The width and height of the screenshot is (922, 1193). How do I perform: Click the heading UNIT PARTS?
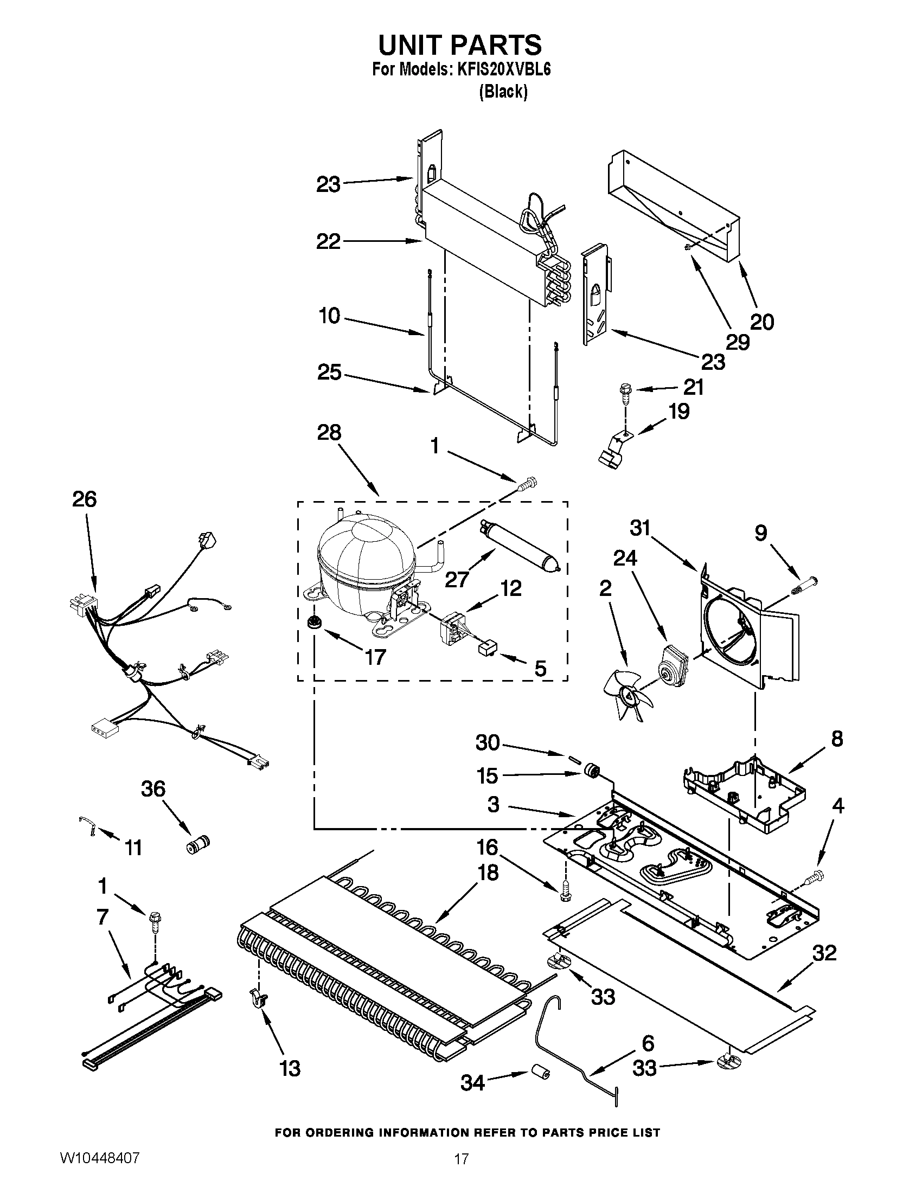point(460,45)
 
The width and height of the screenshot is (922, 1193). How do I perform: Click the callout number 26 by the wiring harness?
point(85,499)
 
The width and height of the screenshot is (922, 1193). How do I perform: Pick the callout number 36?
point(153,789)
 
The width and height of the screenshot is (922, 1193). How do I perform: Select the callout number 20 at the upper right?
point(762,322)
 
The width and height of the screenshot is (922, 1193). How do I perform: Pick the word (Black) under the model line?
point(503,92)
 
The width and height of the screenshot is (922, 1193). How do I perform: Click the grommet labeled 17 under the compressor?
point(313,622)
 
